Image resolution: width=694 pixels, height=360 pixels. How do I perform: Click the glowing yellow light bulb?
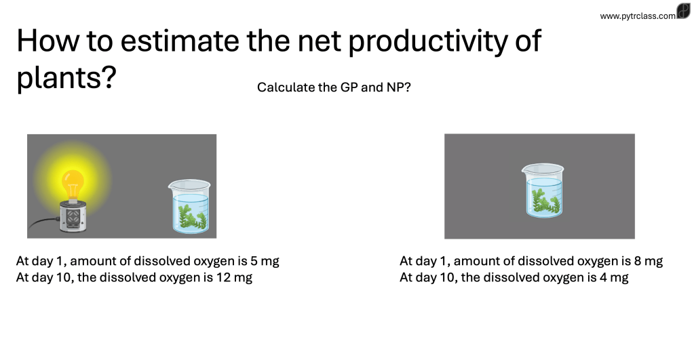[73, 184]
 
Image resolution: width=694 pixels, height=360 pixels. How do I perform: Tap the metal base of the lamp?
[73, 217]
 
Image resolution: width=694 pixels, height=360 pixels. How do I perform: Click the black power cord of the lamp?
[44, 222]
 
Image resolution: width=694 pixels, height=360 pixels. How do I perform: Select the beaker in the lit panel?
[190, 206]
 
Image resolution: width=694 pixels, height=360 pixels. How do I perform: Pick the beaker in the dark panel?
[543, 191]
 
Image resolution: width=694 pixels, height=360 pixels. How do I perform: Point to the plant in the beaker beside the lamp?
[192, 218]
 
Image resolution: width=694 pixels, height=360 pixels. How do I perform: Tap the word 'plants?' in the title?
[66, 78]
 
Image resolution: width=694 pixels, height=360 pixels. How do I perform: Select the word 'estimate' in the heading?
[180, 41]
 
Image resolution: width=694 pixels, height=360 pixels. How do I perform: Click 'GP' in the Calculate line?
[349, 87]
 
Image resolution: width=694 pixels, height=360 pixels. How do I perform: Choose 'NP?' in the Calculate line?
[399, 87]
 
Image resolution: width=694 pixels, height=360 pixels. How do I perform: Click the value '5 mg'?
[265, 261]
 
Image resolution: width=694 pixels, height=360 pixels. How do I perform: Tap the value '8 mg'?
[649, 261]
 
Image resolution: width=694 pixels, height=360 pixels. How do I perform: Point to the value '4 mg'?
[615, 277]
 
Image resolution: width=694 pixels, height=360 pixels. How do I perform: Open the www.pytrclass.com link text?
[638, 16]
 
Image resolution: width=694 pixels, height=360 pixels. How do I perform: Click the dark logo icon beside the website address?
[683, 11]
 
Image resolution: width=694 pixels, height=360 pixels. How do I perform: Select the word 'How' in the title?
[48, 41]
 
